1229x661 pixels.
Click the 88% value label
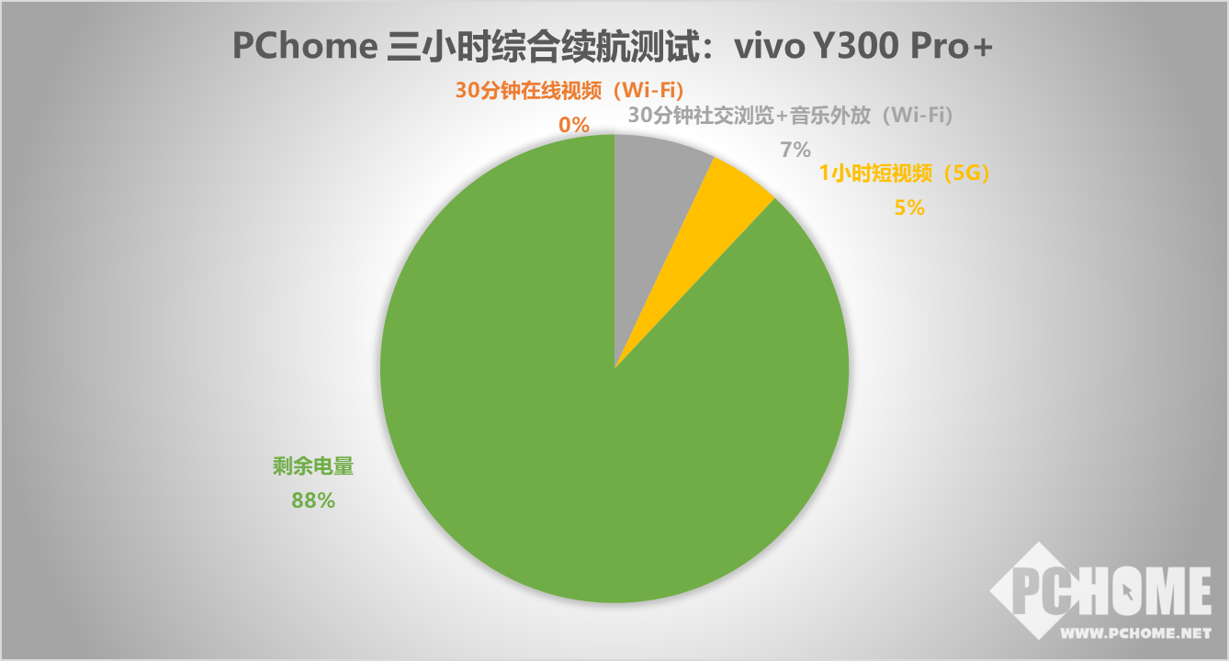point(312,500)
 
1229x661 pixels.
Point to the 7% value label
point(795,150)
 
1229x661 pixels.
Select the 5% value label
point(909,207)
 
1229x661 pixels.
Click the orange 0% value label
point(574,125)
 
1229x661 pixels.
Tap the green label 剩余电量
point(313,466)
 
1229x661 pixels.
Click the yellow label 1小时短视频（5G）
point(904,174)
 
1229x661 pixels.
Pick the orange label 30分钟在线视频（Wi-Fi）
point(569,91)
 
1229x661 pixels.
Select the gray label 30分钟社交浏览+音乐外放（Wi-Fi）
point(790,115)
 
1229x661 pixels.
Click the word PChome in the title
point(305,46)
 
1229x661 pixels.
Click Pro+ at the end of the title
point(952,47)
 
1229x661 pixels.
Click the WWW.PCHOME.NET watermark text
point(1135,633)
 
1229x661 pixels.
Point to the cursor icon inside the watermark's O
point(1127,592)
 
